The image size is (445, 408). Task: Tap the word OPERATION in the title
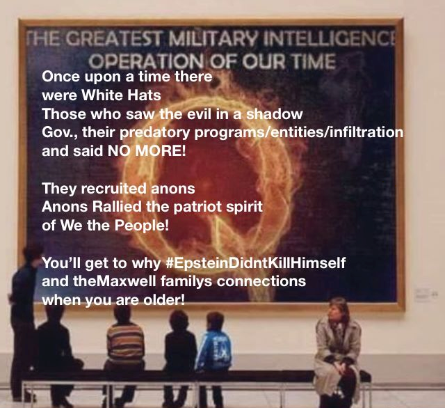tap(145, 61)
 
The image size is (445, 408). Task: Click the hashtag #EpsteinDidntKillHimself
tap(255, 262)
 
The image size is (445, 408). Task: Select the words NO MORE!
tap(147, 150)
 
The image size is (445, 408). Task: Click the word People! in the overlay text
tap(142, 226)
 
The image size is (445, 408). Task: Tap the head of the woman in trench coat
tap(339, 309)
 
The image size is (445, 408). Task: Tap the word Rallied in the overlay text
tap(117, 207)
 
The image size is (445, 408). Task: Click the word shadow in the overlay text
tap(274, 113)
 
